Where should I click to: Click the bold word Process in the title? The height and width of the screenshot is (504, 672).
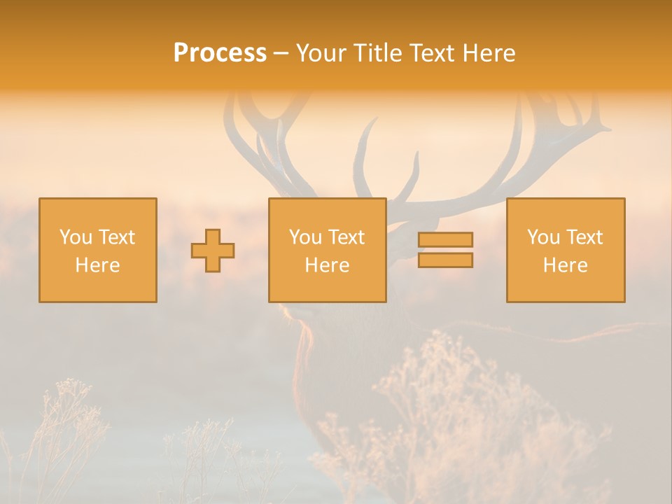tap(220, 53)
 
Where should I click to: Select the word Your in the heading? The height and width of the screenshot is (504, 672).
tap(321, 53)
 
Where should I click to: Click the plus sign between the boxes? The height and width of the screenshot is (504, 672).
tap(213, 251)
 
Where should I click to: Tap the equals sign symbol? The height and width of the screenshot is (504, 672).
tap(445, 250)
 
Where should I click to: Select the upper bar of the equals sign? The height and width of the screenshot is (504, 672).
tap(445, 240)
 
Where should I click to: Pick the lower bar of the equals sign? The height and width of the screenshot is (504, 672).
tap(445, 260)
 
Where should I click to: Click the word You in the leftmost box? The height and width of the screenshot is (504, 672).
tap(76, 237)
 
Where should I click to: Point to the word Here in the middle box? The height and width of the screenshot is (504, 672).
tap(328, 265)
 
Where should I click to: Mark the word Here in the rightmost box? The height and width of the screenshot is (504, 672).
tap(566, 265)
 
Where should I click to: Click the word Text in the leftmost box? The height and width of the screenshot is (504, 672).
tap(117, 237)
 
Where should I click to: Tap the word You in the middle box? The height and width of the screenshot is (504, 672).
tap(305, 237)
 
